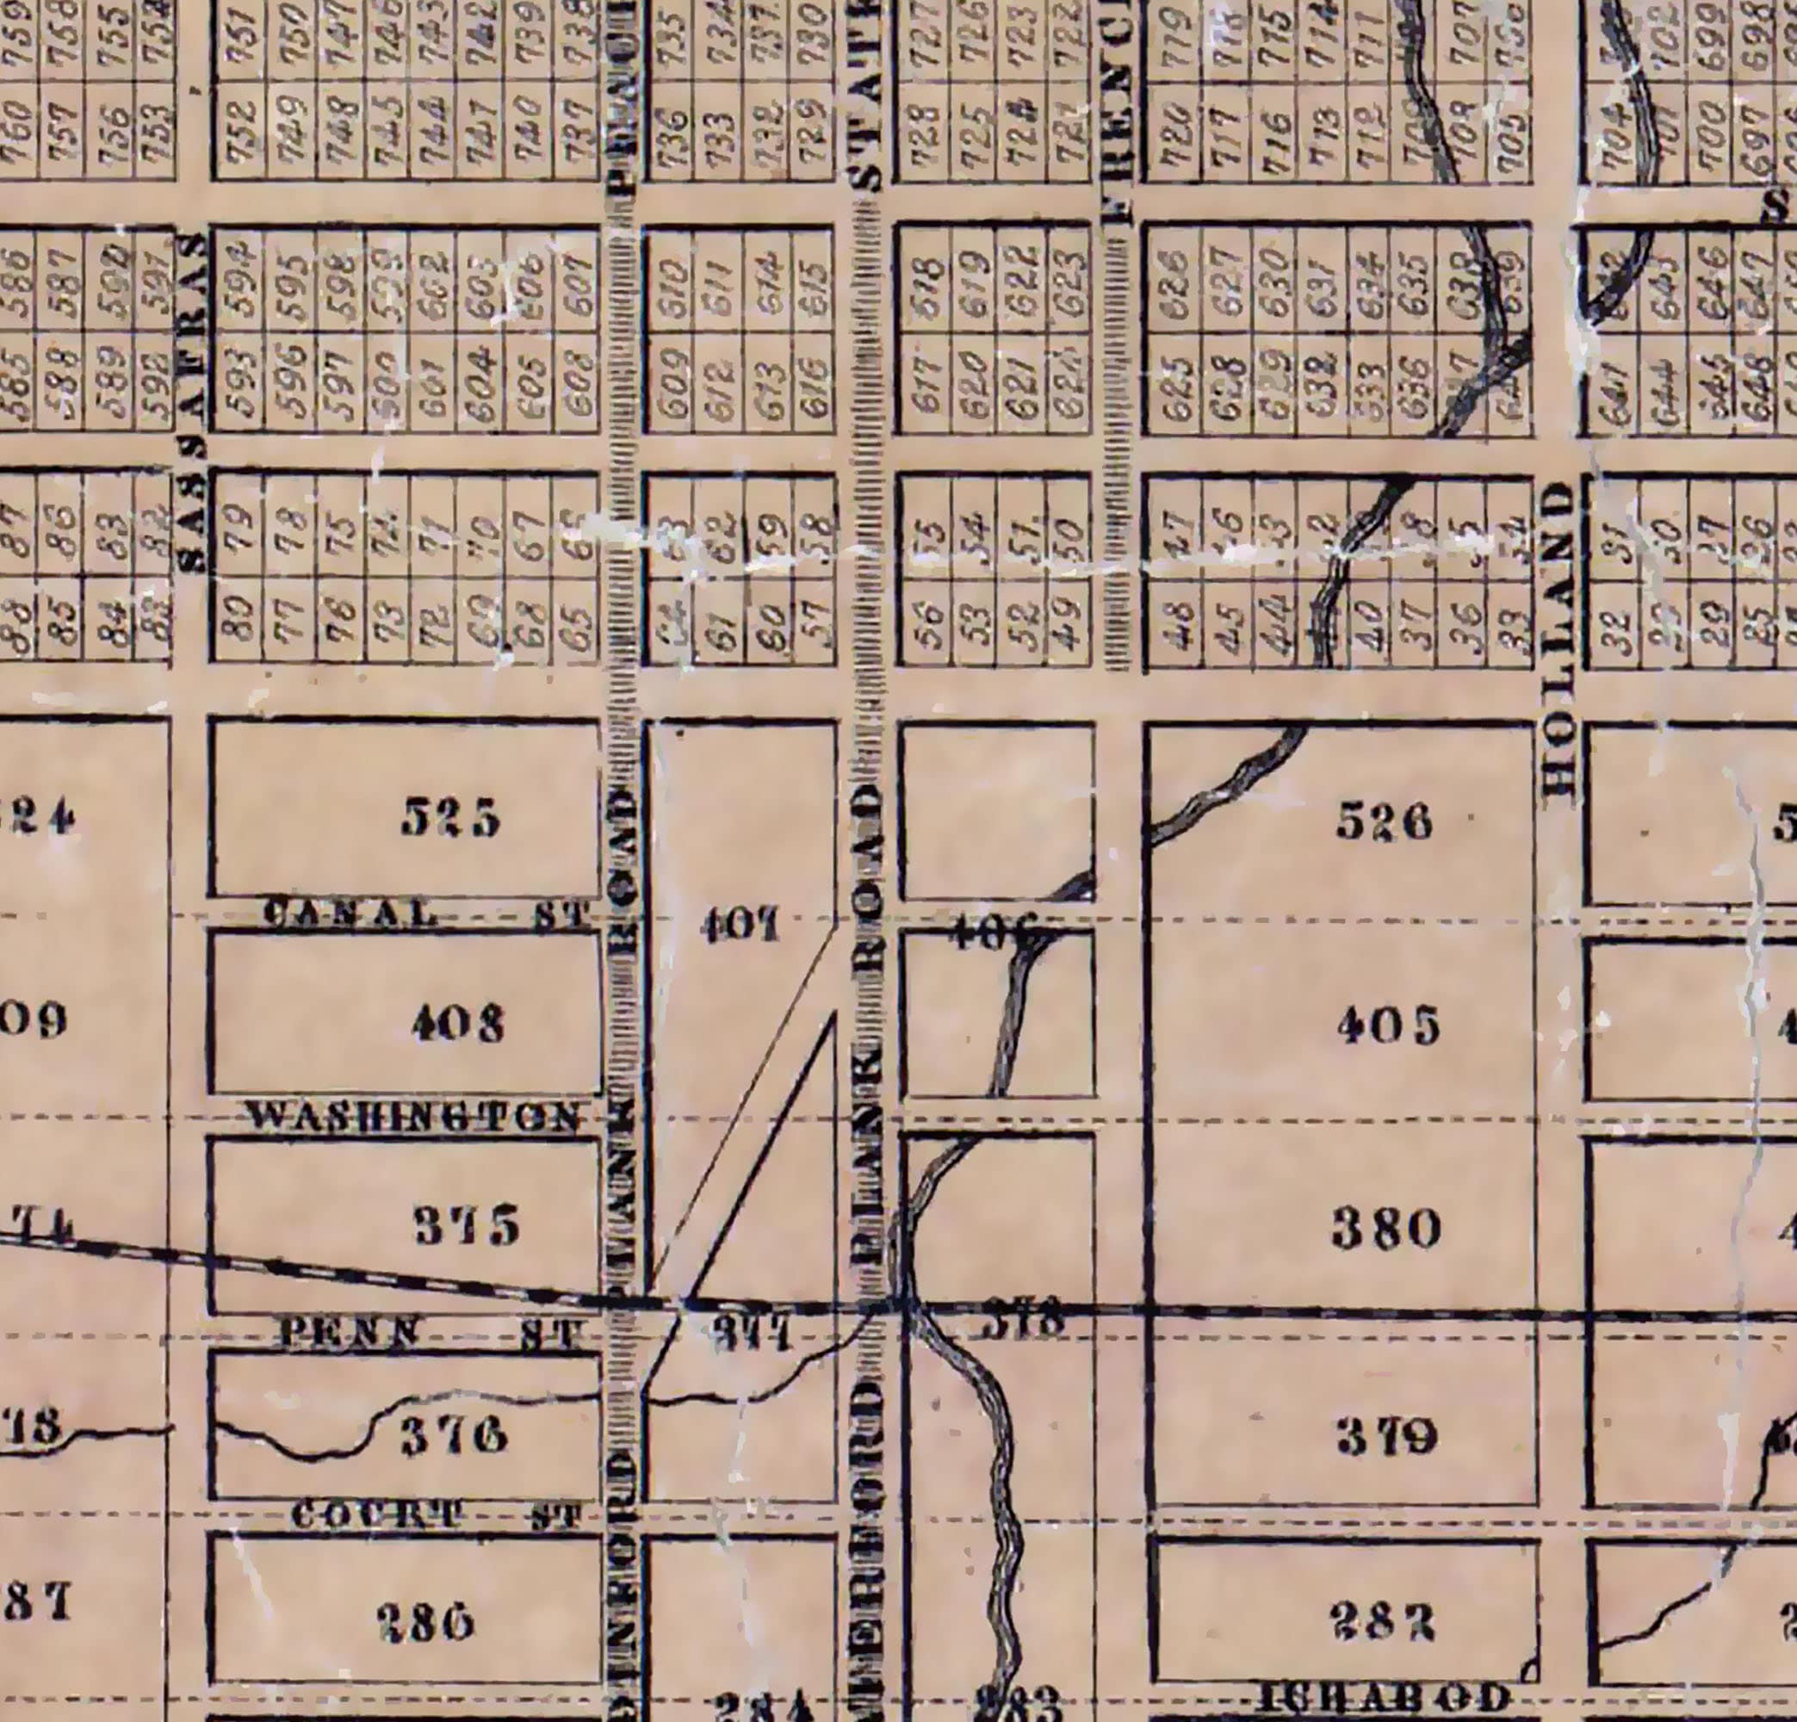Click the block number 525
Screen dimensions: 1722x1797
[451, 818]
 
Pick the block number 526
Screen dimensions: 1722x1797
[1384, 822]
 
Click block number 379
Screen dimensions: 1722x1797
[1386, 1439]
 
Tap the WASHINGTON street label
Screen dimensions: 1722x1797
[414, 1117]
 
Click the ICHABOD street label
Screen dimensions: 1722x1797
[1384, 1698]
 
